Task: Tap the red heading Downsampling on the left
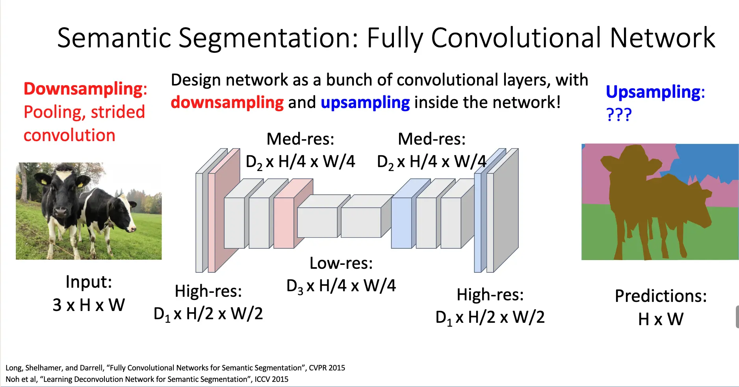tap(84, 89)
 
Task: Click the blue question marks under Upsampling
tap(618, 115)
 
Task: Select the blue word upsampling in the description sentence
tap(365, 102)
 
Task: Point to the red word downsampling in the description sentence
tap(227, 102)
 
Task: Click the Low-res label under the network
tap(341, 263)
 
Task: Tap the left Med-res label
tap(300, 139)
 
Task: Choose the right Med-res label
tap(431, 139)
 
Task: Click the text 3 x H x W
tap(89, 305)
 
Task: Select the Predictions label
tap(661, 296)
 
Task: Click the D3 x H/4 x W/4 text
tap(341, 286)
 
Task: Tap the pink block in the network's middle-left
tap(284, 223)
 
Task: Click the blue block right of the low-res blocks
tap(401, 223)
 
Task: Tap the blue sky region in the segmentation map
tap(705, 162)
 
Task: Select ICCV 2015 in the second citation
tap(271, 379)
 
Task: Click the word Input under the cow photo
tap(89, 282)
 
